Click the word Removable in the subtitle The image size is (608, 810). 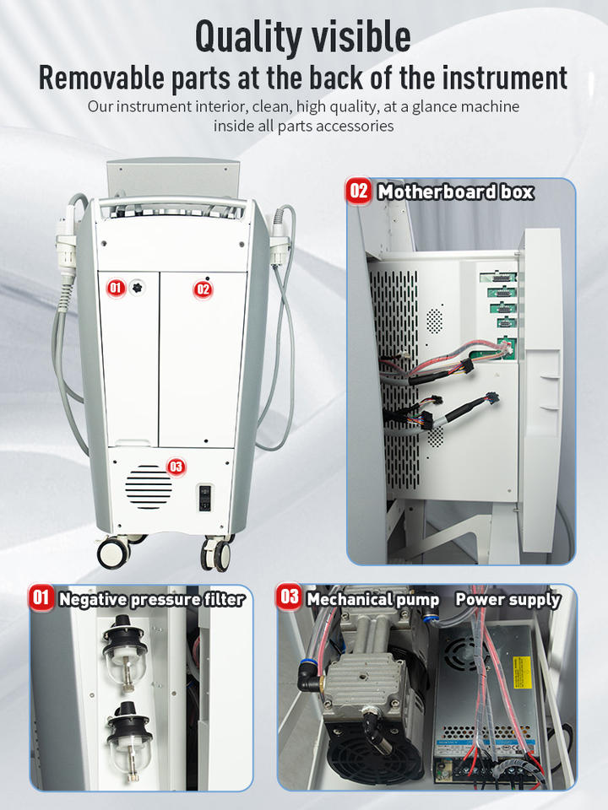coord(101,78)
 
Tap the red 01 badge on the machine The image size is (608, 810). coord(116,288)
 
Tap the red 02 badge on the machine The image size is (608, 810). coord(203,289)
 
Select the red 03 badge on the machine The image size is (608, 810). coord(176,467)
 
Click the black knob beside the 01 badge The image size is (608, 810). coord(137,288)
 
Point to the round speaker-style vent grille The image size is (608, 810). coord(149,487)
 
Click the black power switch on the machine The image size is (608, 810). coord(205,498)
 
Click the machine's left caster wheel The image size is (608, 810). coord(114,553)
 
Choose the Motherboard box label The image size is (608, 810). coord(455,192)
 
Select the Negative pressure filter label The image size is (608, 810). coord(151,599)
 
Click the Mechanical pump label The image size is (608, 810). coord(372,599)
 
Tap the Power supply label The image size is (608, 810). coord(508,599)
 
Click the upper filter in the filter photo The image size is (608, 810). coord(125,652)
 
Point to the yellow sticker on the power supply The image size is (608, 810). coord(522,672)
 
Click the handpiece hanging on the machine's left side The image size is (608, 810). coord(67,243)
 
